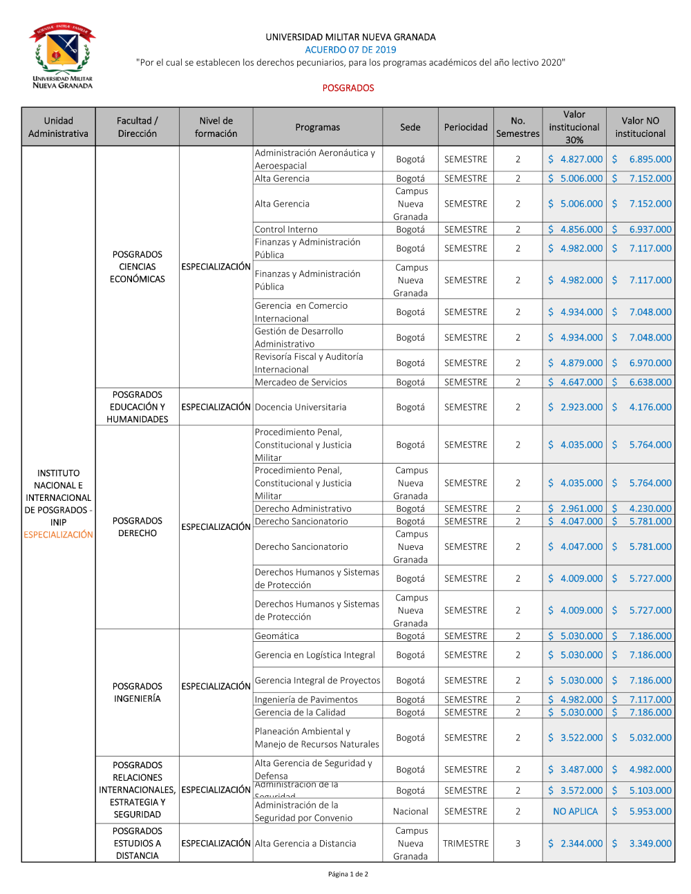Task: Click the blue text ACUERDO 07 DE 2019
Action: click(x=350, y=50)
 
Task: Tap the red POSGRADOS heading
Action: click(x=348, y=88)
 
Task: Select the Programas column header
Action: click(x=317, y=127)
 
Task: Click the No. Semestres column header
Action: click(x=518, y=127)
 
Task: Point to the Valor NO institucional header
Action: click(x=640, y=127)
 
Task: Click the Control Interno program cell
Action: click(x=287, y=229)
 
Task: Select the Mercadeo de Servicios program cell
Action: click(x=301, y=382)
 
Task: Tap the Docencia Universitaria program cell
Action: click(x=301, y=407)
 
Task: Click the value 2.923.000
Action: click(x=581, y=407)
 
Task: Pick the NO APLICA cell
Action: click(x=576, y=811)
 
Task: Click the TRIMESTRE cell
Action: click(x=466, y=844)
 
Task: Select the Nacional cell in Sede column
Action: click(x=410, y=811)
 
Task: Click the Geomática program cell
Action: click(x=277, y=636)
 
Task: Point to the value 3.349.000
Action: click(x=650, y=844)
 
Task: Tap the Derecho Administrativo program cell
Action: click(x=303, y=508)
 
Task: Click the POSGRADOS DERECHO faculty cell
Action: click(x=138, y=527)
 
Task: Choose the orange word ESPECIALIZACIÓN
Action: click(x=59, y=535)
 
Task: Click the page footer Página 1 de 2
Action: click(x=348, y=874)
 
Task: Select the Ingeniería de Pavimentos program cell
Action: click(x=306, y=700)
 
